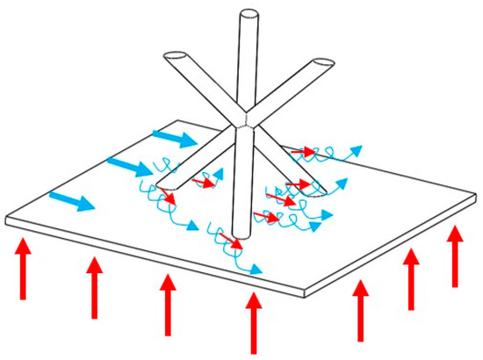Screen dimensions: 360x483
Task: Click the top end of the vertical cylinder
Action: point(249,15)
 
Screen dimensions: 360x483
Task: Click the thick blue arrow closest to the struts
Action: point(174,140)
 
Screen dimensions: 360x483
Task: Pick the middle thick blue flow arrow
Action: point(128,167)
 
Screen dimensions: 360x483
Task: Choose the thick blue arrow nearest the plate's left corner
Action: point(73,201)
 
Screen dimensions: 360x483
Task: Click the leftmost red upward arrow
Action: point(24,267)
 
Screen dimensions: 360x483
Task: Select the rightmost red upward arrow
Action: point(455,256)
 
